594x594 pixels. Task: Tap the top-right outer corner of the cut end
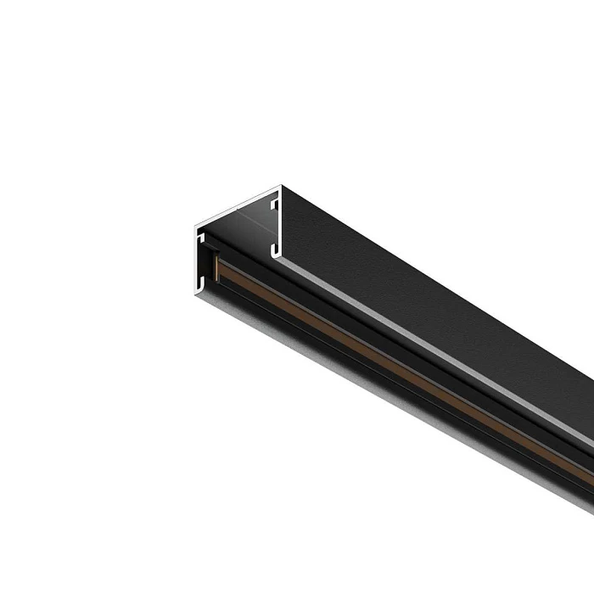pos(279,188)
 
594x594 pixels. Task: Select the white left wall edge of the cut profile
pos(195,259)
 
